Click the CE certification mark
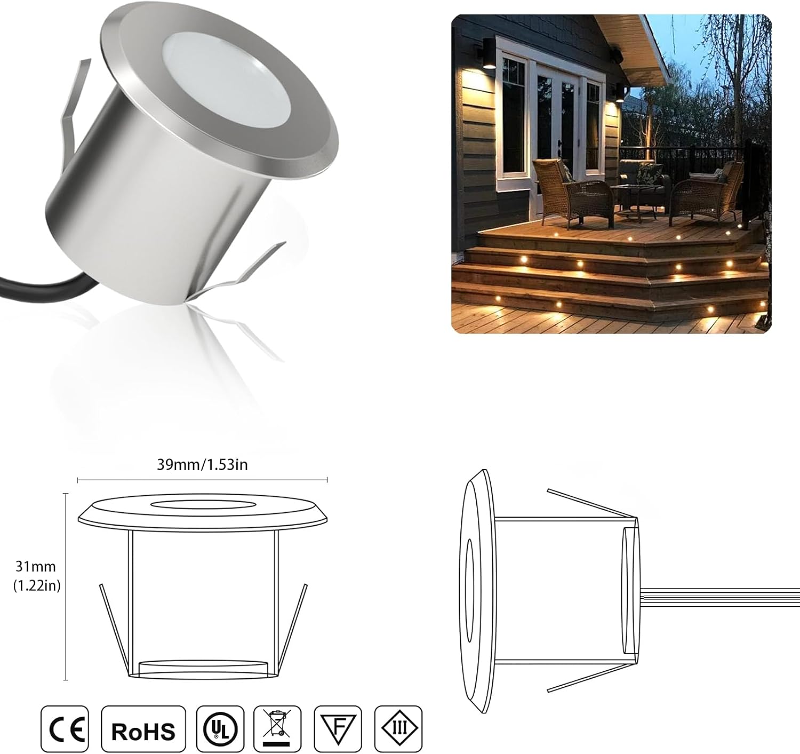pos(65,729)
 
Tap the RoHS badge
pos(143,729)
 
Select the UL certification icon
pos(220,729)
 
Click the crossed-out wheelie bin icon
pos(277,729)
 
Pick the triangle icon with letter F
pos(338,729)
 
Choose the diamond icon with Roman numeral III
pos(398,729)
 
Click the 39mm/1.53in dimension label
pos(202,465)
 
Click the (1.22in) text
pos(36,585)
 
